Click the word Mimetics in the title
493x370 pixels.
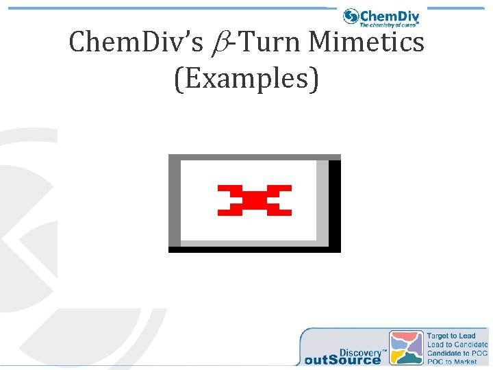(366, 42)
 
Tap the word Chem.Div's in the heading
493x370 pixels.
(136, 42)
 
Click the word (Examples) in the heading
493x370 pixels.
(246, 79)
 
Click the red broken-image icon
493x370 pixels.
(255, 200)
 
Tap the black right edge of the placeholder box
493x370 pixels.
(335, 203)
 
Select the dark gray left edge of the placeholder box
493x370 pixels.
(175, 203)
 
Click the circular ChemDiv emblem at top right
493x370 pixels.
(351, 16)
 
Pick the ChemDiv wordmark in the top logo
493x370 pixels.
(389, 15)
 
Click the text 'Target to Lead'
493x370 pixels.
(451, 336)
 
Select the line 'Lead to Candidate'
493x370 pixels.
(457, 345)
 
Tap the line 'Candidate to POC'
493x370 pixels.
(457, 353)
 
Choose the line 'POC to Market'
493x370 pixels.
(451, 361)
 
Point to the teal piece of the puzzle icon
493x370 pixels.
(411, 358)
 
